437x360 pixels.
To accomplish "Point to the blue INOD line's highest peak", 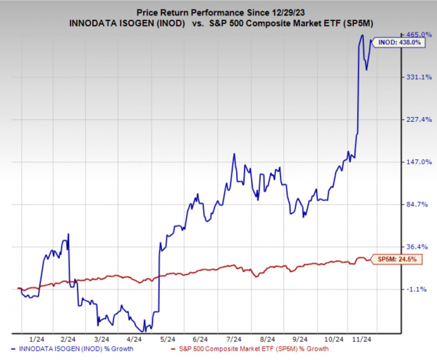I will [x=362, y=35].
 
